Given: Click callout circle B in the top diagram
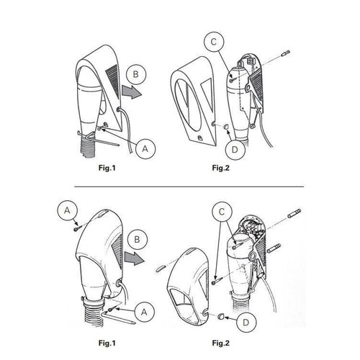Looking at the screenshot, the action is click(x=136, y=74).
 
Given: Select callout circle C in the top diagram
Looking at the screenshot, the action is click(x=214, y=42).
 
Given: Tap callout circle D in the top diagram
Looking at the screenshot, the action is click(x=235, y=150).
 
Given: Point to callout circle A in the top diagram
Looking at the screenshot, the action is click(x=145, y=149).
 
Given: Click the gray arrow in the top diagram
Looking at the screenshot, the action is click(x=132, y=92).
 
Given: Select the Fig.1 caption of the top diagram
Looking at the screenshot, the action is click(x=107, y=168).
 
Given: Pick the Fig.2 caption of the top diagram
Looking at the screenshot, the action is click(x=221, y=168).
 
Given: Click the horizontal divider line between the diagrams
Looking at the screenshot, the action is click(x=189, y=186).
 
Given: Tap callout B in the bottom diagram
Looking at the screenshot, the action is click(x=137, y=240).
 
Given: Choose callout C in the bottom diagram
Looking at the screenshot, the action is click(x=222, y=212).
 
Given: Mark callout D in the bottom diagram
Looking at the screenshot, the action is click(x=246, y=323).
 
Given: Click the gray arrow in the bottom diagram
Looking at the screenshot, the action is click(x=134, y=258).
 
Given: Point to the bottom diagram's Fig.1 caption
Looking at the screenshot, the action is click(x=107, y=343).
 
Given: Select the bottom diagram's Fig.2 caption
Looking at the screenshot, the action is click(x=221, y=343).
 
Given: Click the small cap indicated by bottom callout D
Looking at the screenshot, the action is click(x=220, y=317).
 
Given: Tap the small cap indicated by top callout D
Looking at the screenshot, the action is click(x=226, y=126).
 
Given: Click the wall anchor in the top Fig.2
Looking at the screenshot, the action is click(x=286, y=53).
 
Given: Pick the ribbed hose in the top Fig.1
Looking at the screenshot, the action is click(x=87, y=147).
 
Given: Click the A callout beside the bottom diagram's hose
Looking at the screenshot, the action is click(x=144, y=312).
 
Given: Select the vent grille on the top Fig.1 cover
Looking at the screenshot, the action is click(x=113, y=78).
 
